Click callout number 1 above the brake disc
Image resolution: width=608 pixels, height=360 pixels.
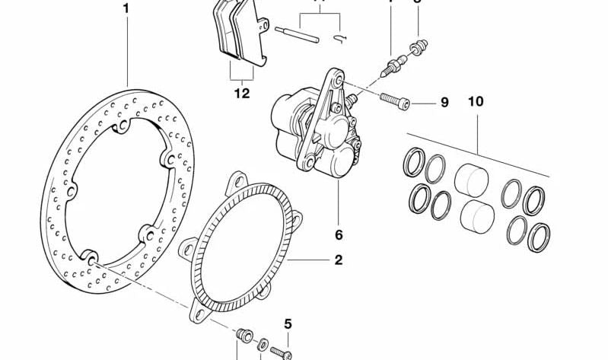[x=126, y=9]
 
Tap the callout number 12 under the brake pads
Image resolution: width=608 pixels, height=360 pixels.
[x=242, y=94]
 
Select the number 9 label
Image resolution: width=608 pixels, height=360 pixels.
[x=444, y=102]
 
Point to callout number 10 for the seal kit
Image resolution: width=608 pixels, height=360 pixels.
[x=476, y=101]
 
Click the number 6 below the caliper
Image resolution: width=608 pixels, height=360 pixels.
[x=339, y=234]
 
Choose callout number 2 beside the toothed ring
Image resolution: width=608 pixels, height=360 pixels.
[x=338, y=260]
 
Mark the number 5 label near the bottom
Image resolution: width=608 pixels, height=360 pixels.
[x=288, y=323]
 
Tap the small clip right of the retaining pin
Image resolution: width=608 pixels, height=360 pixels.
[x=340, y=37]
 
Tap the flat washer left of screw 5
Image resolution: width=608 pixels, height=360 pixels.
[x=263, y=344]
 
